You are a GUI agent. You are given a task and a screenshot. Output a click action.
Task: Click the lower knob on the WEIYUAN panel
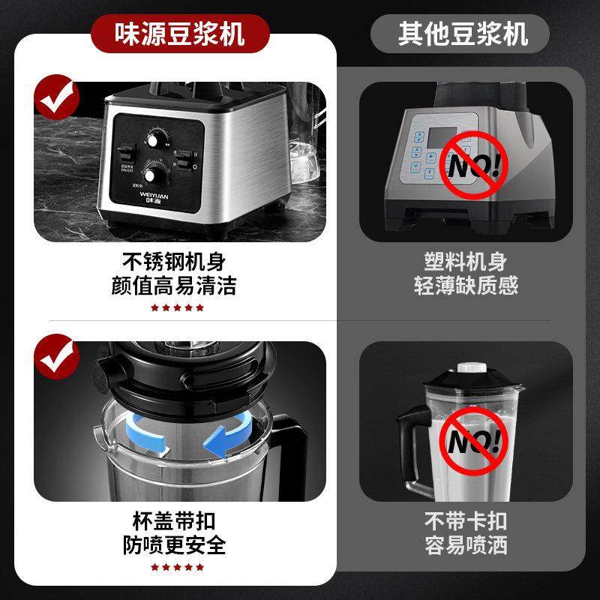(156, 176)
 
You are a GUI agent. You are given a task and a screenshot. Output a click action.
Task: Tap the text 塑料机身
(466, 262)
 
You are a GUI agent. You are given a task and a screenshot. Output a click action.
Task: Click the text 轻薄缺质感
(466, 286)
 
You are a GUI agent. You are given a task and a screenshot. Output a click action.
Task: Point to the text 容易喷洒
(466, 544)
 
